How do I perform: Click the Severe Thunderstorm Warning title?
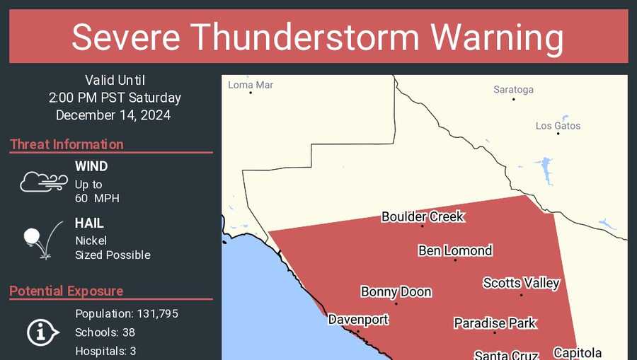point(318,36)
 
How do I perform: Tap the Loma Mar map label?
point(251,85)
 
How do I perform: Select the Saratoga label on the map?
point(513,90)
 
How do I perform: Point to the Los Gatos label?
point(558,126)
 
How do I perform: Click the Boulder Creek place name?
point(423,216)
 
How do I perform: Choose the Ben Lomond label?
point(455,250)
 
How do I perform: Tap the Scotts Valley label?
point(521,283)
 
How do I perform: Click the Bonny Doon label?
point(396,292)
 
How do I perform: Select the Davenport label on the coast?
point(358,320)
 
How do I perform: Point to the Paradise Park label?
point(495,323)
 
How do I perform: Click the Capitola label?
point(578,353)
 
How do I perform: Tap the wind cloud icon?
point(43,182)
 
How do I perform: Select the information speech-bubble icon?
point(42,332)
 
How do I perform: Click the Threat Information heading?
point(67,144)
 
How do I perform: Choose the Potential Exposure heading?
point(67,291)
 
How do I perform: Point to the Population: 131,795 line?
point(126,313)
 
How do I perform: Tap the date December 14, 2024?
point(113,115)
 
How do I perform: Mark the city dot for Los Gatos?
point(558,134)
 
